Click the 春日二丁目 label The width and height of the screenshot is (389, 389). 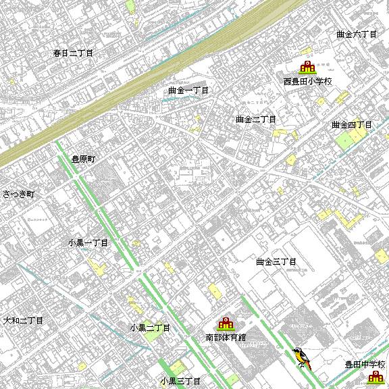[x=73, y=52]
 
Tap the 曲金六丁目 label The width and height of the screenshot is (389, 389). [x=356, y=34]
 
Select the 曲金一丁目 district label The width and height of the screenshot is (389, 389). [x=189, y=90]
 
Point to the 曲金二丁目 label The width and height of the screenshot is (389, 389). [x=256, y=120]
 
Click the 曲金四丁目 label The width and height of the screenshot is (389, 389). [x=352, y=125]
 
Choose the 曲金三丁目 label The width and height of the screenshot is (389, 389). [x=276, y=261]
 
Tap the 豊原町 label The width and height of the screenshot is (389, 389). [x=85, y=160]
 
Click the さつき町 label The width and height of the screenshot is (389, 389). [x=18, y=194]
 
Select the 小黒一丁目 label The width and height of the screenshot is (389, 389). [x=88, y=242]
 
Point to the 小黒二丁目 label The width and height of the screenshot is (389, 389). [x=150, y=328]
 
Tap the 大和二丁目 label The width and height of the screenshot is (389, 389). [x=23, y=320]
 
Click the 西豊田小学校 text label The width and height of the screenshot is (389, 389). [x=308, y=82]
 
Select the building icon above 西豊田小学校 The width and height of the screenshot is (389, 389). [x=307, y=67]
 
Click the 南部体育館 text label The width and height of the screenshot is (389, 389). [x=226, y=336]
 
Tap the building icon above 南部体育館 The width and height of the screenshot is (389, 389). [x=225, y=323]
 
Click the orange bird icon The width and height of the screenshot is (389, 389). [x=301, y=358]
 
